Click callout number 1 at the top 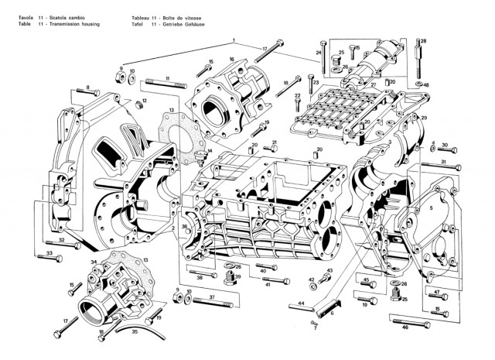(231, 40)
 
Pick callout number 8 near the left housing (87, 88)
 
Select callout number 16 (231, 60)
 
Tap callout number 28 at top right (423, 40)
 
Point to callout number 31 (444, 161)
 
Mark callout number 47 (436, 292)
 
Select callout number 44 (302, 303)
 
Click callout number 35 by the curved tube (135, 331)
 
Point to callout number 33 (49, 253)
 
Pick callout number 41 (267, 285)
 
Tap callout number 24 (318, 53)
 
